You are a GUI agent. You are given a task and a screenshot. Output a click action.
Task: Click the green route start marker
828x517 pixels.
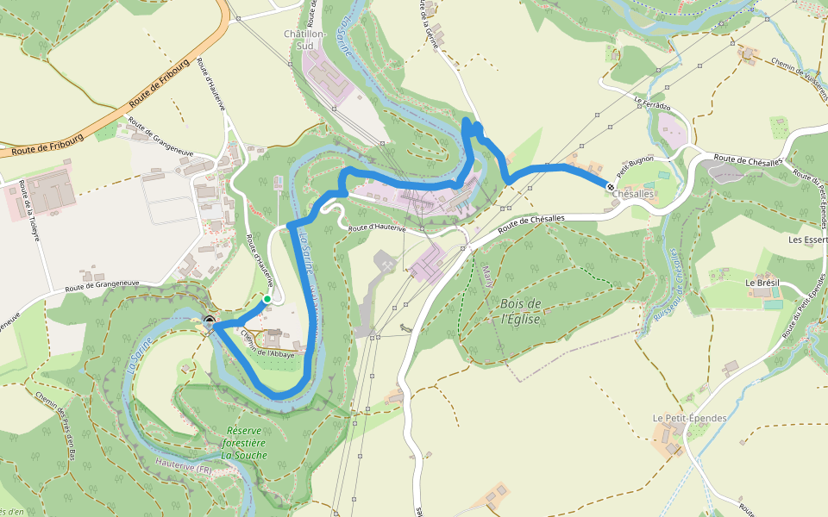click(x=267, y=299)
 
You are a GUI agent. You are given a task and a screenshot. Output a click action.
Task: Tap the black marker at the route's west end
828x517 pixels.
click(x=210, y=323)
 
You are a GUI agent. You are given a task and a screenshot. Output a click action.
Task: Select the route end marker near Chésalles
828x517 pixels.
click(x=611, y=186)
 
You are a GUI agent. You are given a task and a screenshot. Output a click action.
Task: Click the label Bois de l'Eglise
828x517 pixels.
click(x=520, y=311)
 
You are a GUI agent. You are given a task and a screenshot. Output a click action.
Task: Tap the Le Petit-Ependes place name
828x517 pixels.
click(x=689, y=418)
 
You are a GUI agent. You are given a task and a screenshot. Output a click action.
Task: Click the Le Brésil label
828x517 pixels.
click(x=762, y=283)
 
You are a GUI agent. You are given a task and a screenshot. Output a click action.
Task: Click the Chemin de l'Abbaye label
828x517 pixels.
click(x=267, y=345)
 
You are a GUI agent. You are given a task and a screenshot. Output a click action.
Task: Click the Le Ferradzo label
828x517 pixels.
click(x=652, y=103)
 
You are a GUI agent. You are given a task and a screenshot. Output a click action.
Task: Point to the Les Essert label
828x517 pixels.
click(x=807, y=240)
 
